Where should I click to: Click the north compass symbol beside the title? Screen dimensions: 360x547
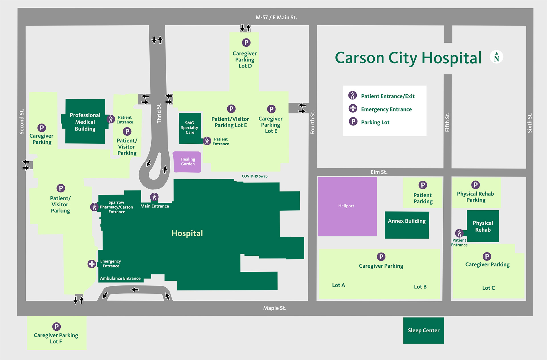point(496,57)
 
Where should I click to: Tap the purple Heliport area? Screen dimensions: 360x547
point(347,206)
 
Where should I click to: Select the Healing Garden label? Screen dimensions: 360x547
point(188,162)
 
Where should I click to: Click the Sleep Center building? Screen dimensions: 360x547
point(423,330)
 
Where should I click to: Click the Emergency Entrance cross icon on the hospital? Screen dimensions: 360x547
point(92,264)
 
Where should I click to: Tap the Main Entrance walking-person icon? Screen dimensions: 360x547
point(154,197)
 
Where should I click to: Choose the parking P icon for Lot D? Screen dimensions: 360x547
point(246,43)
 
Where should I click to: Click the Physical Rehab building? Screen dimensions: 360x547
point(483,226)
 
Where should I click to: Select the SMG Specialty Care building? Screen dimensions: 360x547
point(190,128)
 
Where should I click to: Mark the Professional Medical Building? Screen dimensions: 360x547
point(85,122)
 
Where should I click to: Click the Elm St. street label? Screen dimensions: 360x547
point(379,172)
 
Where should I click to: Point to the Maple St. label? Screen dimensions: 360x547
point(275,308)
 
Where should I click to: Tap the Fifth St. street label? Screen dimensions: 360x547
point(447,122)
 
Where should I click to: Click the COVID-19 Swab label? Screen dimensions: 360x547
point(254,176)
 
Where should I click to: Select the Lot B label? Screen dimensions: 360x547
point(420,287)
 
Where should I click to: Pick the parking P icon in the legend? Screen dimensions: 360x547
point(353,122)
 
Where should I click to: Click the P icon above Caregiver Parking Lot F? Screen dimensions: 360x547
point(56,327)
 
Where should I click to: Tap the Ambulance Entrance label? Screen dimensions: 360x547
point(120,278)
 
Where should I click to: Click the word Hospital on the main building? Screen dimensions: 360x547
point(187,233)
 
